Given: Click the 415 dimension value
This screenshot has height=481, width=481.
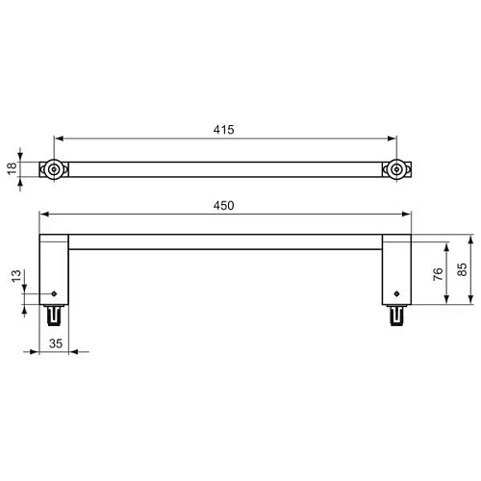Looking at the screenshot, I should (225, 129).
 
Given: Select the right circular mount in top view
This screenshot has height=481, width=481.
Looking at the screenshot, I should (394, 169).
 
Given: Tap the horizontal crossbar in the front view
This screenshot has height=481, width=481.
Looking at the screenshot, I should (225, 241).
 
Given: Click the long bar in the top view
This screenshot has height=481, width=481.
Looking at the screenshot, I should (225, 169).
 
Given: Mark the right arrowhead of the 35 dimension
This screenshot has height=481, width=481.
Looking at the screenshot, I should (69, 352).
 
